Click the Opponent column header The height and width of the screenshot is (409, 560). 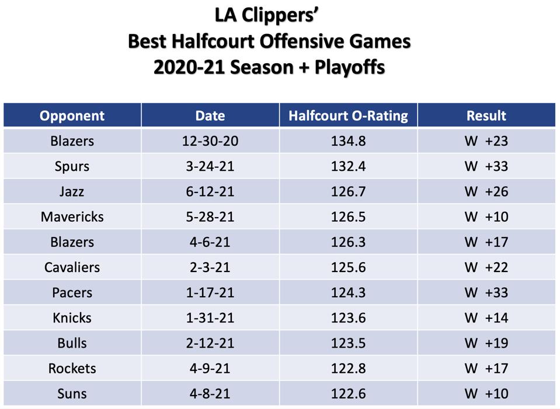tap(72, 116)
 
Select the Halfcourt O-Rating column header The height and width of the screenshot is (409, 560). tap(348, 116)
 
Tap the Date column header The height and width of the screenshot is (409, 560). tap(210, 116)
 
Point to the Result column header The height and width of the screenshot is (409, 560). tap(486, 116)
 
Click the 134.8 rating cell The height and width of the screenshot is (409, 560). tap(348, 141)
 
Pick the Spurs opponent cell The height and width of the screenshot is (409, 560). tap(72, 167)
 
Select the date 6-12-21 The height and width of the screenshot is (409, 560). tap(210, 191)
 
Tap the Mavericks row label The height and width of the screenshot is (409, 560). tap(72, 217)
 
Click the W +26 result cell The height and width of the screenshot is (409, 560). tap(486, 191)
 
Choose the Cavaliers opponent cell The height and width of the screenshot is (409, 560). tap(72, 267)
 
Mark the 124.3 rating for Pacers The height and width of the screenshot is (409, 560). tap(348, 293)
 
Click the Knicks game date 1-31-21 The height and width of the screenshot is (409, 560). tap(210, 318)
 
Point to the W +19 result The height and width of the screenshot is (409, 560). tap(486, 343)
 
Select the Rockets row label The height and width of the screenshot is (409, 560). tap(72, 369)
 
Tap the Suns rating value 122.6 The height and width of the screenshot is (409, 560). tap(348, 394)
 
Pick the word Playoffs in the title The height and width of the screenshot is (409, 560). tap(350, 67)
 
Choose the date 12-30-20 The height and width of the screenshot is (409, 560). tap(210, 141)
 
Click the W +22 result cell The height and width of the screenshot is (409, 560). tap(486, 267)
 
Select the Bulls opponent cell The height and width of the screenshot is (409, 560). tap(72, 343)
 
